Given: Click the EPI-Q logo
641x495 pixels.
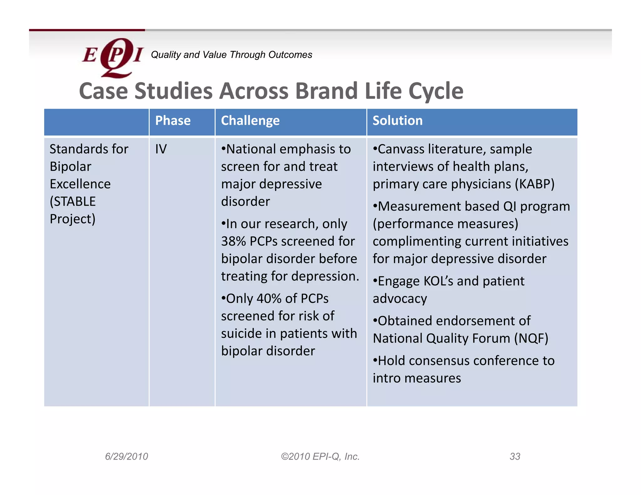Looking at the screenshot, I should pos(112,57).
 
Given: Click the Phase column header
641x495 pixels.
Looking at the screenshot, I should pos(173,121).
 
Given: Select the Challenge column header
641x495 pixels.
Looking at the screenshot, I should pos(250,121).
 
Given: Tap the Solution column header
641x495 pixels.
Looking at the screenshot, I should pos(397,121).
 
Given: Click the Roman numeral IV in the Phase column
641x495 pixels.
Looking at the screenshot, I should pos(161,149).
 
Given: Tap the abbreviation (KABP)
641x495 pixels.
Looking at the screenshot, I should pos(535,184).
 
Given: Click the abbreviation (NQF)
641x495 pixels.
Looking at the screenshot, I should pos(531,339).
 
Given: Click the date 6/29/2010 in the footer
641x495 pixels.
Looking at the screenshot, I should pos(126,457).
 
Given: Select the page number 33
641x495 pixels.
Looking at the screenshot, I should pos(515,457).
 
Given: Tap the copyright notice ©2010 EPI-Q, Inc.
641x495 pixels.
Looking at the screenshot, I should pos(320,457).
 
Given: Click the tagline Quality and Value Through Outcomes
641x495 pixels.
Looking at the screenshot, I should pos(231,55).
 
